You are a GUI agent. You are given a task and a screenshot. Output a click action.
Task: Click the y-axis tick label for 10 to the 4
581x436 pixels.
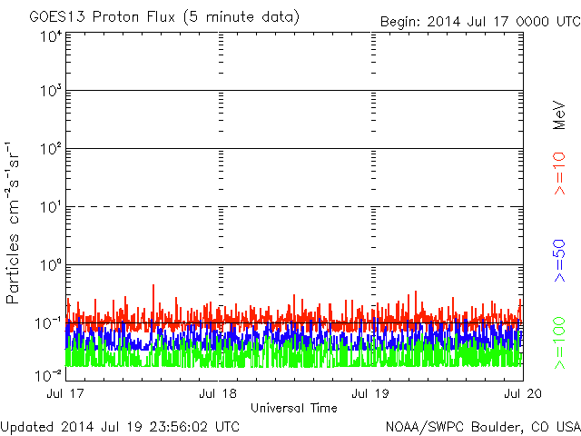click(50, 36)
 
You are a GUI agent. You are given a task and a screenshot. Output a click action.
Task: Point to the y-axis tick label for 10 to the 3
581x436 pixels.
click(50, 91)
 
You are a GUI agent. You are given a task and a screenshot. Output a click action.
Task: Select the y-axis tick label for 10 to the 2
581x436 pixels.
click(50, 149)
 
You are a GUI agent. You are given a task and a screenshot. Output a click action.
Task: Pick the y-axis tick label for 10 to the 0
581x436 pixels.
click(50, 265)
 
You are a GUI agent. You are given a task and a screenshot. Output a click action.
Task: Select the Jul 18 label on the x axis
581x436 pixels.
click(218, 394)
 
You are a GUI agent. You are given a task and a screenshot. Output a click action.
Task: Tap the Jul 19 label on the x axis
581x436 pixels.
click(370, 394)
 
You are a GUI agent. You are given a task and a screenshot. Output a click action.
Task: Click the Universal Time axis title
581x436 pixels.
click(293, 408)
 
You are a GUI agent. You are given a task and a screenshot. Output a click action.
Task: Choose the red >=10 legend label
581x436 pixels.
click(559, 174)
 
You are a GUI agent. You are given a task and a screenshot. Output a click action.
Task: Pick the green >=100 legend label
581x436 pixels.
click(559, 342)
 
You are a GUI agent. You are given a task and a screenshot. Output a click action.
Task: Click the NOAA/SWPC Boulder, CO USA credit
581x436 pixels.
click(481, 426)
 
